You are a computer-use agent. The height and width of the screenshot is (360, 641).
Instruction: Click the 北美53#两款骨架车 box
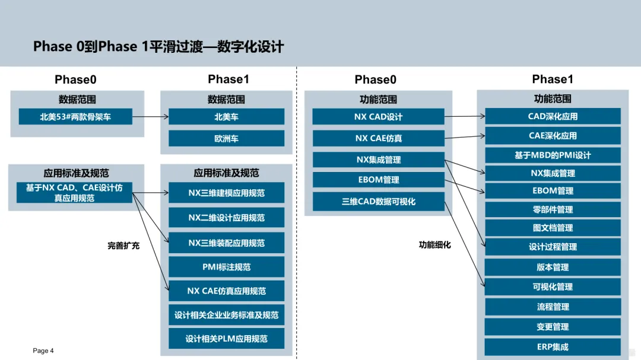coord(75,117)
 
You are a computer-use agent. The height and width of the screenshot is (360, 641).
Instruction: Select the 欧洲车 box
coord(226,139)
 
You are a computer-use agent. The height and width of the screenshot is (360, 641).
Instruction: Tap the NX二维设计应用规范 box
coord(226,218)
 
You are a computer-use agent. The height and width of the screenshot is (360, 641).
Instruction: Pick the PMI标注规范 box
coord(226,267)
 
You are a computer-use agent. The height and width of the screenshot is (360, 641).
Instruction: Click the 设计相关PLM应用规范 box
coord(226,339)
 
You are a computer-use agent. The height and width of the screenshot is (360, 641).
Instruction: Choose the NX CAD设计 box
coord(378,117)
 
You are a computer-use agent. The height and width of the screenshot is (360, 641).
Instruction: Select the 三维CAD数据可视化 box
coord(378,202)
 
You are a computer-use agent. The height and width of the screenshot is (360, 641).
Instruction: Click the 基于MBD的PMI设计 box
coord(553,155)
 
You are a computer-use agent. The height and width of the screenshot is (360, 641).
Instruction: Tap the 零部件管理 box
coord(553,209)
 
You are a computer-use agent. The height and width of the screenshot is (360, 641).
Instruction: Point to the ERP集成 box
coord(553,347)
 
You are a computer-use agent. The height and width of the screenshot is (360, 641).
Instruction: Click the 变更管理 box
coord(553,327)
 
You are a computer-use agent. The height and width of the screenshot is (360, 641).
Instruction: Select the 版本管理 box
coord(553,267)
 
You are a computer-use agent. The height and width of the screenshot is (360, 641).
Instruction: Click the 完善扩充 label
coord(123,246)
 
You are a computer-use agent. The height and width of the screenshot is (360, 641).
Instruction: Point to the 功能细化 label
coord(434,244)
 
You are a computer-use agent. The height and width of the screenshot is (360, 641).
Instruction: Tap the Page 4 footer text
coord(43,351)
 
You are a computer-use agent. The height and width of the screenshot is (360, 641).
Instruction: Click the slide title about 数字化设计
coord(158,46)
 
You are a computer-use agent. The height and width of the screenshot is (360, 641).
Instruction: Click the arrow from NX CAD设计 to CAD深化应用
coord(465,117)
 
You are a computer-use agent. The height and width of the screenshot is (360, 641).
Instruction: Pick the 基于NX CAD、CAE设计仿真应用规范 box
coord(74,193)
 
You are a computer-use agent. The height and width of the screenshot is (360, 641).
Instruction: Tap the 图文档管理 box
coord(553,228)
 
